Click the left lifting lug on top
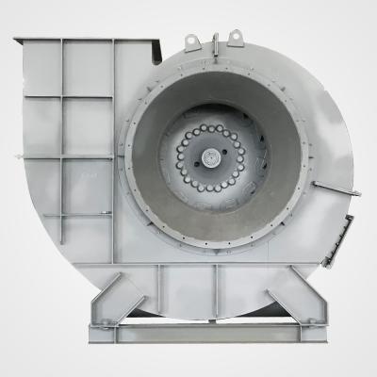click(x=193, y=41)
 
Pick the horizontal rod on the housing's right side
click(x=336, y=188)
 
